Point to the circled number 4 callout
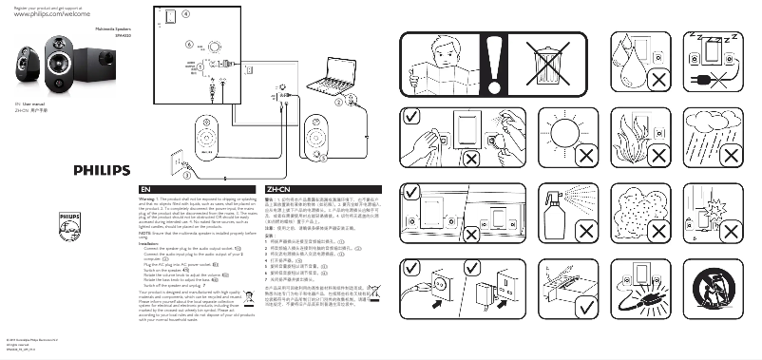pyautogui.click(x=185, y=16)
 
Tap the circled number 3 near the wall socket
pyautogui.click(x=187, y=176)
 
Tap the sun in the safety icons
pyautogui.click(x=559, y=136)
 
